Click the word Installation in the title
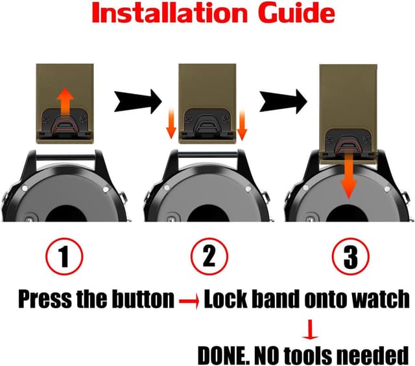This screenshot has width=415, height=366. tap(170, 14)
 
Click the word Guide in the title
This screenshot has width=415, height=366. tap(296, 14)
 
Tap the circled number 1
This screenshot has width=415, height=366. tap(64, 257)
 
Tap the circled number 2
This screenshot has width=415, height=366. tap(209, 257)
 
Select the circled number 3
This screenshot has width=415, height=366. tap(351, 257)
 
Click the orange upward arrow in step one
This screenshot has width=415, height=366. tap(65, 101)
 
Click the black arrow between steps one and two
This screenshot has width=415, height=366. tap(138, 102)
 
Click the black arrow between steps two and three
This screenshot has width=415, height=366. tap(283, 102)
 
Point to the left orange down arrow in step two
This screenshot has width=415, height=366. tap(171, 124)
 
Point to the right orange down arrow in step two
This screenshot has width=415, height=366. tap(242, 125)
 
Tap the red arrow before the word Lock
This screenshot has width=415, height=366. tap(189, 301)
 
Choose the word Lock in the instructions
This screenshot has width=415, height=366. tap(226, 299)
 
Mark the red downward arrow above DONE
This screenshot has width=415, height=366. tap(310, 330)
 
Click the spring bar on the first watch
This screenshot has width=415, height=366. tap(65, 157)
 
